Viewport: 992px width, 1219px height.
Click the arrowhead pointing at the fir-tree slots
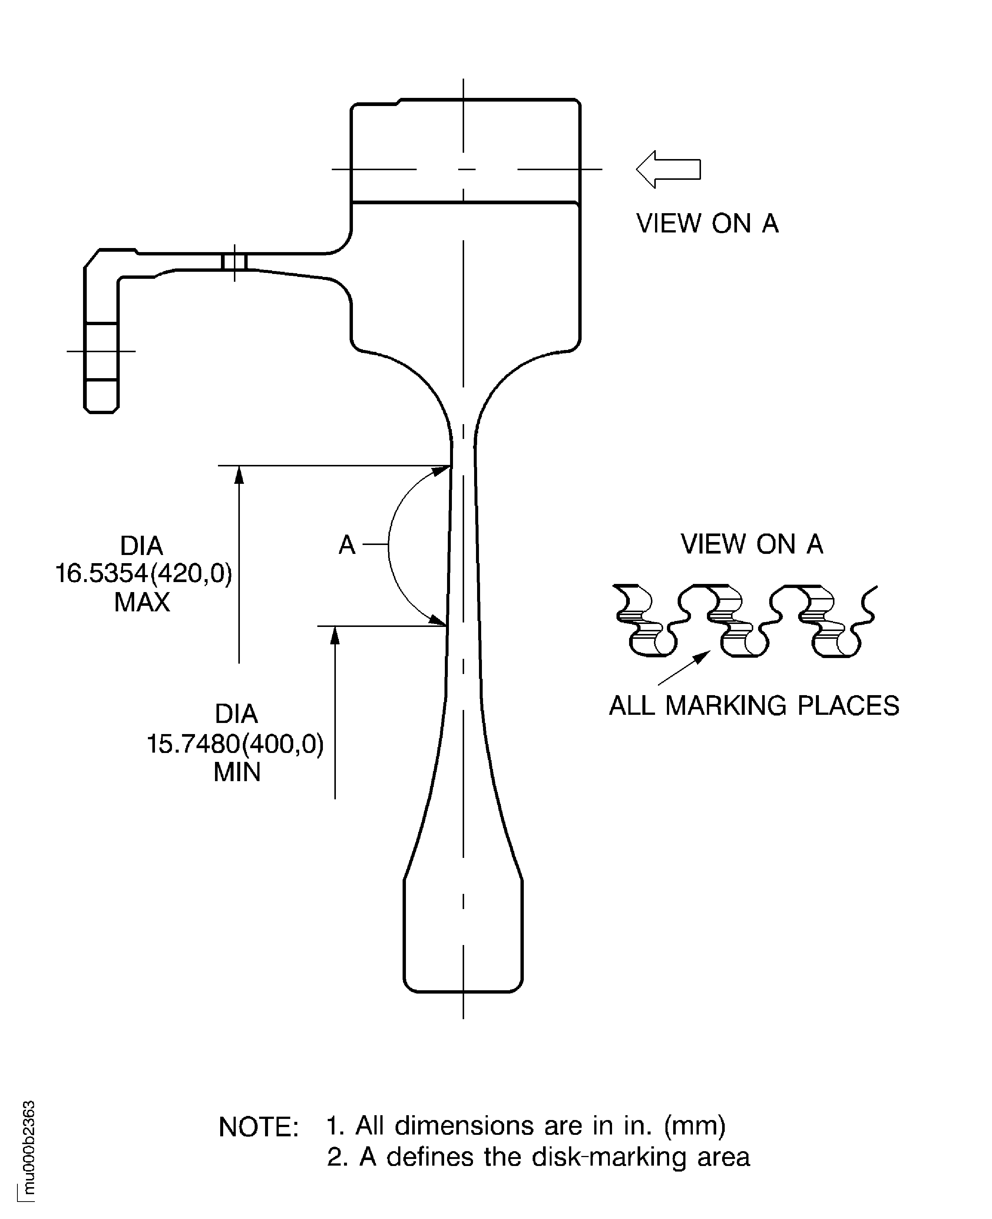(703, 656)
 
